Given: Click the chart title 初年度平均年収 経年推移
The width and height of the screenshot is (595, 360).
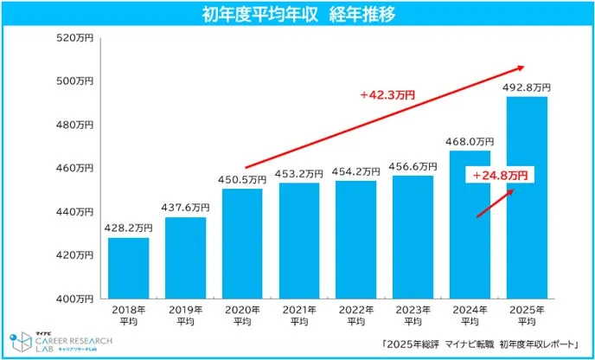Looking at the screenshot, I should [x=297, y=15].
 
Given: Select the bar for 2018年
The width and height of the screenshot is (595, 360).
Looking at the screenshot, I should [x=128, y=267].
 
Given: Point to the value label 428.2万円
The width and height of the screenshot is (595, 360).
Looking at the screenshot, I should [x=128, y=228].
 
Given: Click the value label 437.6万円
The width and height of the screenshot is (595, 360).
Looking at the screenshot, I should [x=185, y=208].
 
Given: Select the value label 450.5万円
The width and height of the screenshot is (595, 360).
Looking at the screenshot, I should [x=242, y=180].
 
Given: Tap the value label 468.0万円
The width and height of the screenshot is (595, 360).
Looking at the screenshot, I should [x=470, y=141].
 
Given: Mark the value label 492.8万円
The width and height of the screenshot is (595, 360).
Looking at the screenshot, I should [x=527, y=87].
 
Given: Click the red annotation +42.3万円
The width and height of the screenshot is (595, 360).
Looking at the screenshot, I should [x=387, y=95].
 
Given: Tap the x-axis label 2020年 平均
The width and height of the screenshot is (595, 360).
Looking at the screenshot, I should [x=242, y=314].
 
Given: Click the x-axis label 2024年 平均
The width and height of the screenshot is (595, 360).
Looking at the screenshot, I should [x=470, y=314].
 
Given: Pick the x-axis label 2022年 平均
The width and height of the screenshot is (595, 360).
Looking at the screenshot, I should [x=355, y=314].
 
